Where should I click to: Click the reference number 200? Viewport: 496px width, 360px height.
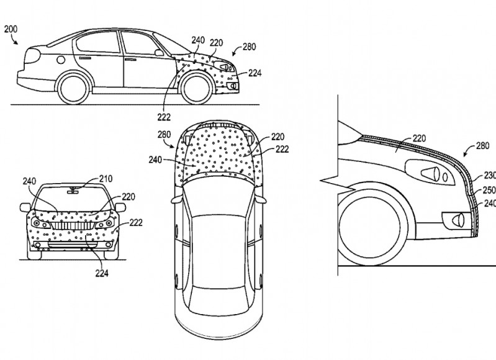tap(11, 28)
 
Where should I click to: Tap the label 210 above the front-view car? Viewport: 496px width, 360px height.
tap(105, 179)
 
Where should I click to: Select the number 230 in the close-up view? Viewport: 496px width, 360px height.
tap(489, 174)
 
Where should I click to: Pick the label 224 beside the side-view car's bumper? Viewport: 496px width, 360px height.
tap(254, 73)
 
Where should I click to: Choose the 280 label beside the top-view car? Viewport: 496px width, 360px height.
tap(165, 134)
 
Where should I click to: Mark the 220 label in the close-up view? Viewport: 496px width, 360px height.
tap(420, 140)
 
